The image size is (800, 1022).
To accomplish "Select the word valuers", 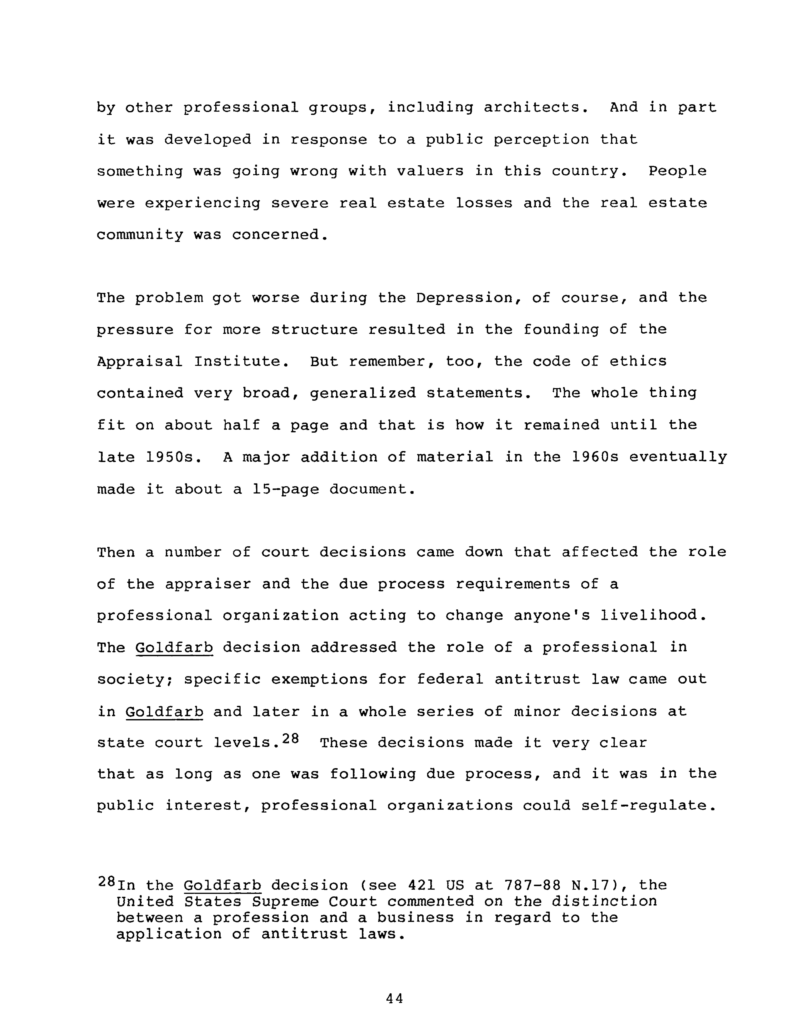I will pyautogui.click(x=430, y=171).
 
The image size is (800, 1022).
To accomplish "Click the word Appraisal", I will pyautogui.click(x=140, y=362).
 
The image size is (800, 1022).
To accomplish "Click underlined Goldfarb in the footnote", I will pyautogui.click(x=222, y=886).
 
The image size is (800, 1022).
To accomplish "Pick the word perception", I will pyautogui.click(x=542, y=140).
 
